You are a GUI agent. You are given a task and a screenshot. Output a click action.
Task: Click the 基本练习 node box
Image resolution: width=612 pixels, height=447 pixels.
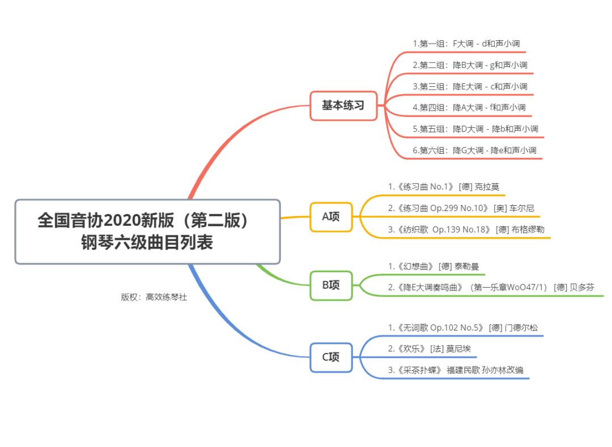click(343, 106)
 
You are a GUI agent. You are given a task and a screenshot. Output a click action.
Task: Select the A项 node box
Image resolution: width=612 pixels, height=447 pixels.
click(331, 217)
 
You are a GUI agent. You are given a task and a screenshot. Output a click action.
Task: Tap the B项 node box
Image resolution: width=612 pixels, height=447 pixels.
click(331, 285)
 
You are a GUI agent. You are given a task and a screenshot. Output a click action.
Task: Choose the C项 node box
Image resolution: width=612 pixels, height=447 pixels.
click(331, 357)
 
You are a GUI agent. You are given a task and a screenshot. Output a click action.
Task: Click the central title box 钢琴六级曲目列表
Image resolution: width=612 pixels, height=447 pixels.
click(147, 231)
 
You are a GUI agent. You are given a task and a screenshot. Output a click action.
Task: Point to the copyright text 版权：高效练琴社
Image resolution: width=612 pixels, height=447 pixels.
click(154, 297)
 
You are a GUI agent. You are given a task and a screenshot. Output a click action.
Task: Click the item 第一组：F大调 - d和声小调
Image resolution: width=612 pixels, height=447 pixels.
click(466, 44)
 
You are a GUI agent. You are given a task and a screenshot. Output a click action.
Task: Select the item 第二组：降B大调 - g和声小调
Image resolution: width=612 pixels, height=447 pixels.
click(470, 65)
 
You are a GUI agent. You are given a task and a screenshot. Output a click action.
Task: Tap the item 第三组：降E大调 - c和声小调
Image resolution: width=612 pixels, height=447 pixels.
click(470, 87)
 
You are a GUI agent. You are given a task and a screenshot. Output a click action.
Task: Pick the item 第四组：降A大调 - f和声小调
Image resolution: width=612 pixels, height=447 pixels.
click(469, 108)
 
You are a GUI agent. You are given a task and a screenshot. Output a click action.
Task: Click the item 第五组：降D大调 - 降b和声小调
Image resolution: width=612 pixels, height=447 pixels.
click(475, 129)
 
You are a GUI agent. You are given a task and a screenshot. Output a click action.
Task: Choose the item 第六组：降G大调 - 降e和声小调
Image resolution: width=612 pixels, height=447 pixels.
click(474, 151)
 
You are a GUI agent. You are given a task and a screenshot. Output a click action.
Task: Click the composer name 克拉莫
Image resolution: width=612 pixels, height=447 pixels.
click(487, 187)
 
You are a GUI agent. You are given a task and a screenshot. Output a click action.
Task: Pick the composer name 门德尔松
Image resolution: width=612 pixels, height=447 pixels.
click(521, 328)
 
